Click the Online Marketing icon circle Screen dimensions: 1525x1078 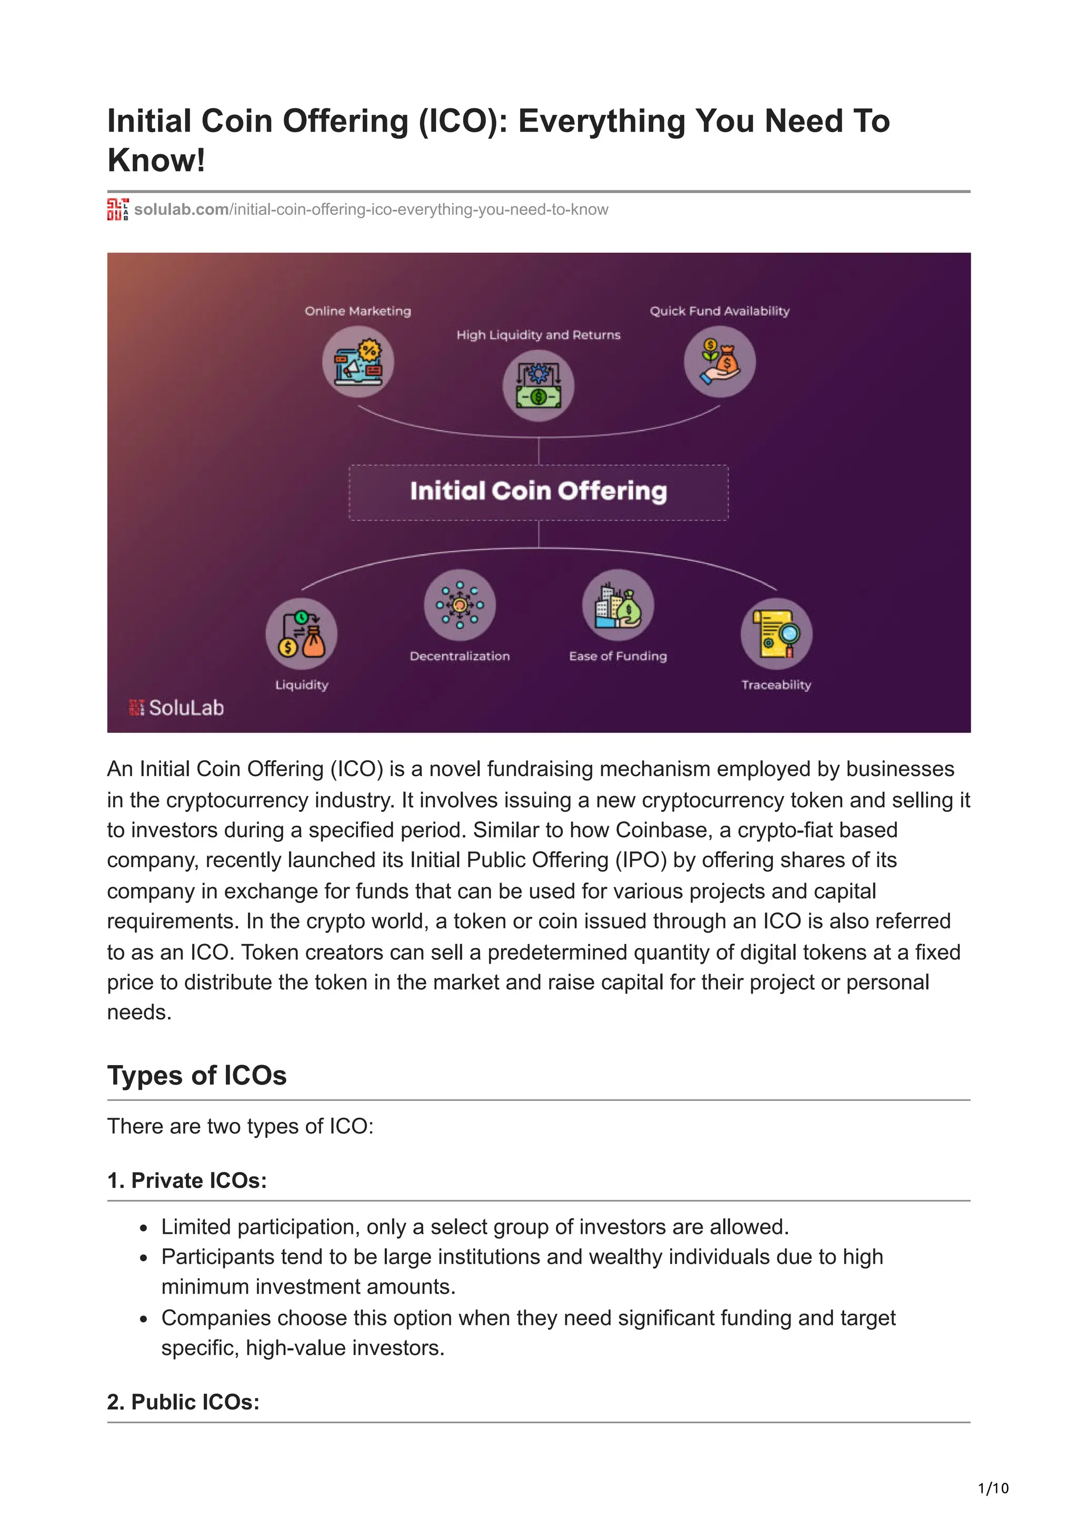coord(358,362)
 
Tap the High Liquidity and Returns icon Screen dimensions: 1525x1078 coord(538,386)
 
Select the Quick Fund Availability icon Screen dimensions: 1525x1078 coord(720,362)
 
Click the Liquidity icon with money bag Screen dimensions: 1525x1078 coord(302,634)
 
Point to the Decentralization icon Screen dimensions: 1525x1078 coord(460,605)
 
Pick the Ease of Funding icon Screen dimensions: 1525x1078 coord(618,605)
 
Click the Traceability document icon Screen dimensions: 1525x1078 coord(776,634)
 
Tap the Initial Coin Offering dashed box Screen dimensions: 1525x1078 coord(538,492)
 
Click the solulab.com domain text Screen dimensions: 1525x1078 coord(181,210)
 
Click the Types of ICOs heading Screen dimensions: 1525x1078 coord(197,1075)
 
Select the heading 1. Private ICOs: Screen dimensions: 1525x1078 coord(187,1180)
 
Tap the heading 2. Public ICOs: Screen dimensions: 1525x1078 coord(183,1401)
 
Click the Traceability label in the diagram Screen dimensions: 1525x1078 coord(776,685)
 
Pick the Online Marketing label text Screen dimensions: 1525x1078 coord(358,311)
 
